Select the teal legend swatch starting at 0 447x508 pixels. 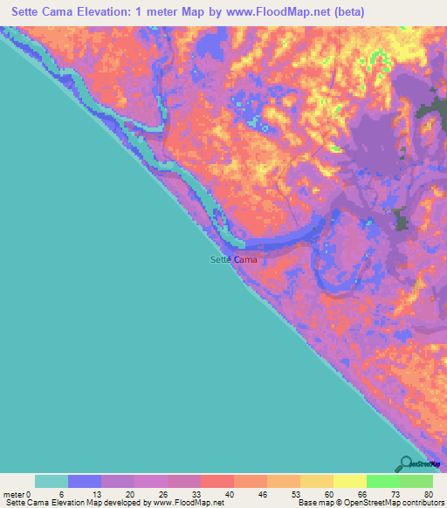52,481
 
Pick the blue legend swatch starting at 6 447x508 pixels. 85,481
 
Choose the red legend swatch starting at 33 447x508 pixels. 217,481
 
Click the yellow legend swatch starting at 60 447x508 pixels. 317,481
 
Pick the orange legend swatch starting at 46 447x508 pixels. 284,481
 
